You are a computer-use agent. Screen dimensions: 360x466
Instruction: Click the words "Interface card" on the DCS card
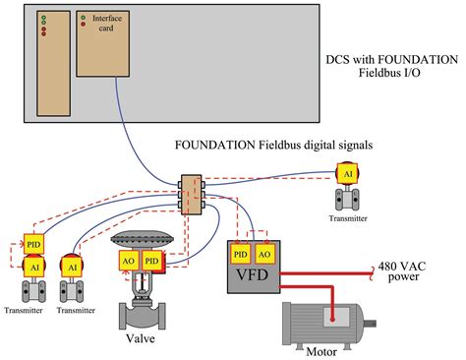pos(106,24)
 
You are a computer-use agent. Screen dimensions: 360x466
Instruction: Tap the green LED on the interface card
pos(83,17)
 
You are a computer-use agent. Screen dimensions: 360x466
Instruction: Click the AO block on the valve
pos(130,260)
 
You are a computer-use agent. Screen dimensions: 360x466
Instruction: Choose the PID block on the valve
pos(151,260)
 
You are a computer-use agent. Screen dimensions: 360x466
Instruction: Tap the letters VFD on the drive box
pos(252,277)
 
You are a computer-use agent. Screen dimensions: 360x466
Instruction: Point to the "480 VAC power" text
pos(404,271)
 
